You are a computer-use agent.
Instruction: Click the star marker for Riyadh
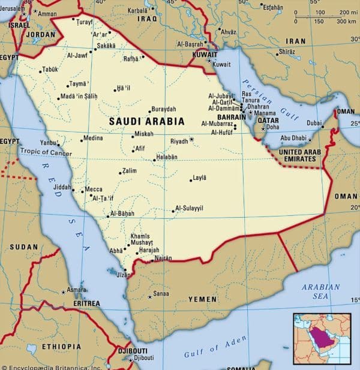[192, 140]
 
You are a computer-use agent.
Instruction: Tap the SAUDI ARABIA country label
[146, 121]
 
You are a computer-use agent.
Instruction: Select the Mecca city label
[94, 189]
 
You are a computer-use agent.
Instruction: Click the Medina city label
[93, 138]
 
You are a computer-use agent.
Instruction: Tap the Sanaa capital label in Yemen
[161, 294]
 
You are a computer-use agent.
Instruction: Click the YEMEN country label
[202, 299]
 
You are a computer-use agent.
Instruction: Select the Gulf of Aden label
[215, 347]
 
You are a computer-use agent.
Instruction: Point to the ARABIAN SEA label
[320, 291]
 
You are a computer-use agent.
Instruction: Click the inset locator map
[322, 339]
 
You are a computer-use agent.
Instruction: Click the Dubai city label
[314, 123]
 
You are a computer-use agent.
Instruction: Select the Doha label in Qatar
[272, 127]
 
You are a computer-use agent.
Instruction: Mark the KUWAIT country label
[204, 54]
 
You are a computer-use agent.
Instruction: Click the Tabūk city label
[50, 69]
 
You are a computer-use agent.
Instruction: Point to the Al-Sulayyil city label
[189, 208]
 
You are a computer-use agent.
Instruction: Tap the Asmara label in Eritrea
[76, 290]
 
